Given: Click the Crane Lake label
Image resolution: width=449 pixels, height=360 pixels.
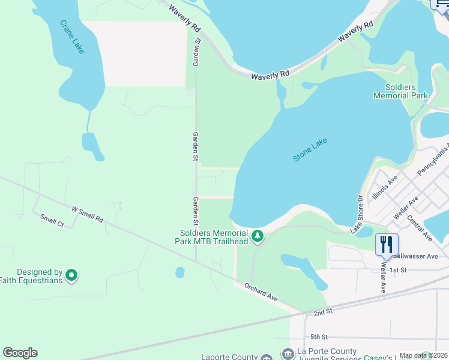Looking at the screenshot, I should pyautogui.click(x=72, y=37).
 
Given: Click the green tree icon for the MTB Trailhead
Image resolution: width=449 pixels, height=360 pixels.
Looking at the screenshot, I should pyautogui.click(x=258, y=236).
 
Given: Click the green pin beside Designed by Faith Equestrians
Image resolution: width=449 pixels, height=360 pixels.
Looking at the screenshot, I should pyautogui.click(x=71, y=275).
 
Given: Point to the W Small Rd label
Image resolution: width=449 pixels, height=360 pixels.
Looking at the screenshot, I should pyautogui.click(x=88, y=214).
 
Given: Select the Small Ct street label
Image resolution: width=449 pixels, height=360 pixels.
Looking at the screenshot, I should pyautogui.click(x=52, y=220).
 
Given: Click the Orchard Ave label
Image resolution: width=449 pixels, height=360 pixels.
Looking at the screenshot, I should pyautogui.click(x=261, y=292).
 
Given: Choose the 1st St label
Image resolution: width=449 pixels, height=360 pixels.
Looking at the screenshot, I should pyautogui.click(x=398, y=270).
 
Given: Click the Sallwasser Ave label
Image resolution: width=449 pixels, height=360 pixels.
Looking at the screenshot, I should pyautogui.click(x=420, y=256).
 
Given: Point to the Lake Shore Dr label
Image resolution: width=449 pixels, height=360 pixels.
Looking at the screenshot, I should pyautogui.click(x=357, y=213).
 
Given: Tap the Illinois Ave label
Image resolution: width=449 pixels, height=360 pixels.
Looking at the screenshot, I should pyautogui.click(x=385, y=187).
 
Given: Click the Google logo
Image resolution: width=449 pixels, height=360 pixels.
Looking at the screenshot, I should pyautogui.click(x=20, y=352).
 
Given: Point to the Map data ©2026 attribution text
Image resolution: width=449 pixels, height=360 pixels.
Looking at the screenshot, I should pyautogui.click(x=424, y=355).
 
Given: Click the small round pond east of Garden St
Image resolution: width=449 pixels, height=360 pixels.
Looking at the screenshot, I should pyautogui.click(x=180, y=272).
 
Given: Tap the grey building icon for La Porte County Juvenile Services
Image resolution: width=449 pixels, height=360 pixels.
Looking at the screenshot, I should pyautogui.click(x=288, y=354).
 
